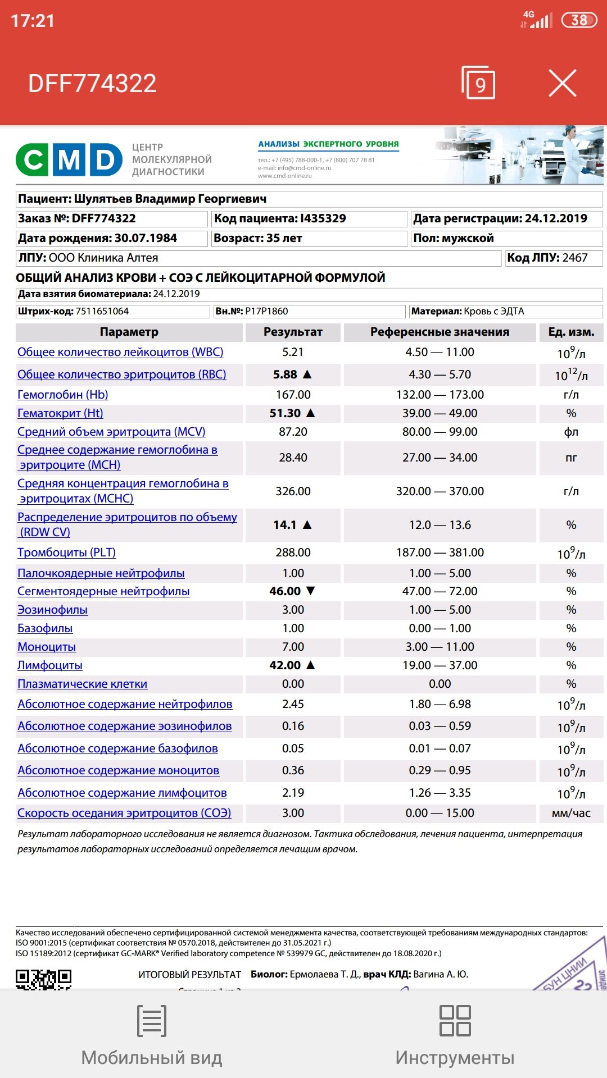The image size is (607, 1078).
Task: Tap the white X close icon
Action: click(x=562, y=84)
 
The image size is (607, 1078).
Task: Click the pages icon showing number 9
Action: click(x=478, y=83)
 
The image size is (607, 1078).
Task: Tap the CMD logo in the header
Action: click(x=69, y=159)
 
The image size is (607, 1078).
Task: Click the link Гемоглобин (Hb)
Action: click(x=63, y=395)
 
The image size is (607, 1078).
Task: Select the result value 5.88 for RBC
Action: click(x=285, y=374)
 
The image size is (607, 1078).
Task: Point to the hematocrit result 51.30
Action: click(x=285, y=413)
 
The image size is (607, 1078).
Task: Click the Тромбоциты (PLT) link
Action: click(x=66, y=552)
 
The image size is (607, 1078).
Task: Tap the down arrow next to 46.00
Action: click(x=310, y=591)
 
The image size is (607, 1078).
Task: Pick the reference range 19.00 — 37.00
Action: click(x=440, y=665)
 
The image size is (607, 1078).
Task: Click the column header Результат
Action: click(x=293, y=332)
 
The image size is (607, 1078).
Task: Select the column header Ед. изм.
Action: click(x=571, y=332)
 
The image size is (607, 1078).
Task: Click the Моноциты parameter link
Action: click(x=47, y=647)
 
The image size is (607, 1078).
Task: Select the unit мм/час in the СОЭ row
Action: click(x=571, y=813)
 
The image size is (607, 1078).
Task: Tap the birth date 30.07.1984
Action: click(x=146, y=238)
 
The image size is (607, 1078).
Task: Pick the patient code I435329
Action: click(x=323, y=218)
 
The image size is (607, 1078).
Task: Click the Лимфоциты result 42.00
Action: click(x=285, y=665)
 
